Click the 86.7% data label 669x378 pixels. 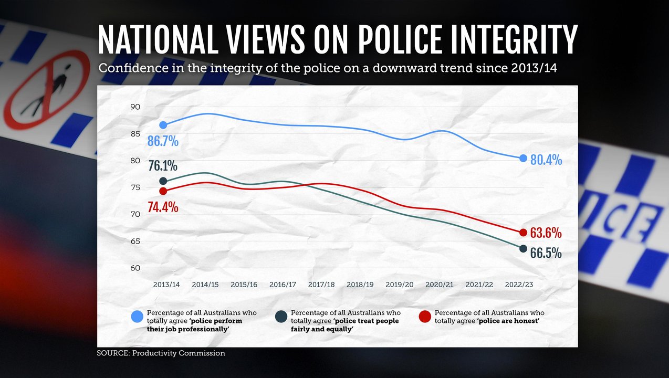(163, 141)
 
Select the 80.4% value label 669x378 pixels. (546, 160)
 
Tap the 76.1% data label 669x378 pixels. (163, 166)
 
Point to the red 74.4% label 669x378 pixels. (163, 206)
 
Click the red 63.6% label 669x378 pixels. (546, 233)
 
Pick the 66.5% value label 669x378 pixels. (546, 253)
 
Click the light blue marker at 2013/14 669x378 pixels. (163, 125)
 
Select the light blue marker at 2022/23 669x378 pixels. (523, 158)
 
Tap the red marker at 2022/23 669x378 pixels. (523, 233)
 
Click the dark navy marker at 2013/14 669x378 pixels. (163, 181)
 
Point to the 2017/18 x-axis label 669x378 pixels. (321, 285)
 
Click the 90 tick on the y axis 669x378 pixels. (135, 107)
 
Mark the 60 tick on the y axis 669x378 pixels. (135, 268)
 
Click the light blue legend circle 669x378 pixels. (138, 317)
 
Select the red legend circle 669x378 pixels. (425, 317)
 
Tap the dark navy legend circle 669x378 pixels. (281, 317)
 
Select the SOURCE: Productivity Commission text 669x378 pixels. (161, 353)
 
